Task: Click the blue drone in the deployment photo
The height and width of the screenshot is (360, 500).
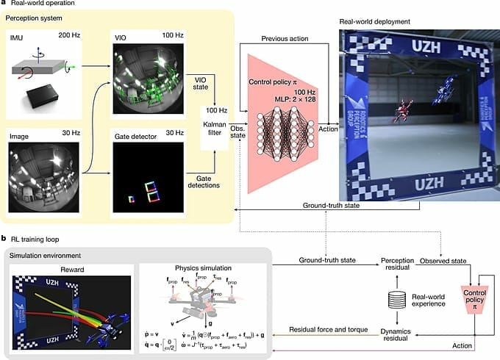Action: click(443, 94)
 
